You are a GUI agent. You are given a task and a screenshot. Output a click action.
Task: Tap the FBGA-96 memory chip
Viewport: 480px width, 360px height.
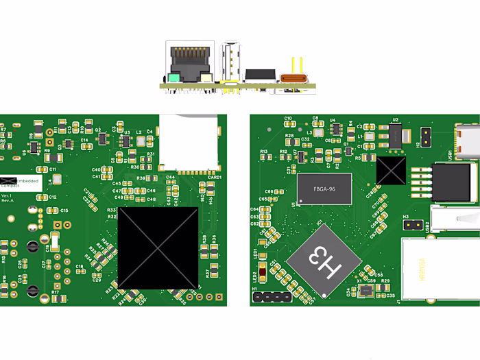tap(324, 189)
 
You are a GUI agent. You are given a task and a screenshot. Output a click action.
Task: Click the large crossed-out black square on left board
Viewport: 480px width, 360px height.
tap(158, 248)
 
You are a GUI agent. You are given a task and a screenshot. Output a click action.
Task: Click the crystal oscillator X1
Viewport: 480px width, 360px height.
tap(364, 291)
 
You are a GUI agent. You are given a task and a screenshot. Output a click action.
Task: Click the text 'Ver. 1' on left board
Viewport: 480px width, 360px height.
tap(7, 195)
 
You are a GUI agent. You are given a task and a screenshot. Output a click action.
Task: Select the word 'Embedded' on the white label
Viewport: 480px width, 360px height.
tap(27, 180)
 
